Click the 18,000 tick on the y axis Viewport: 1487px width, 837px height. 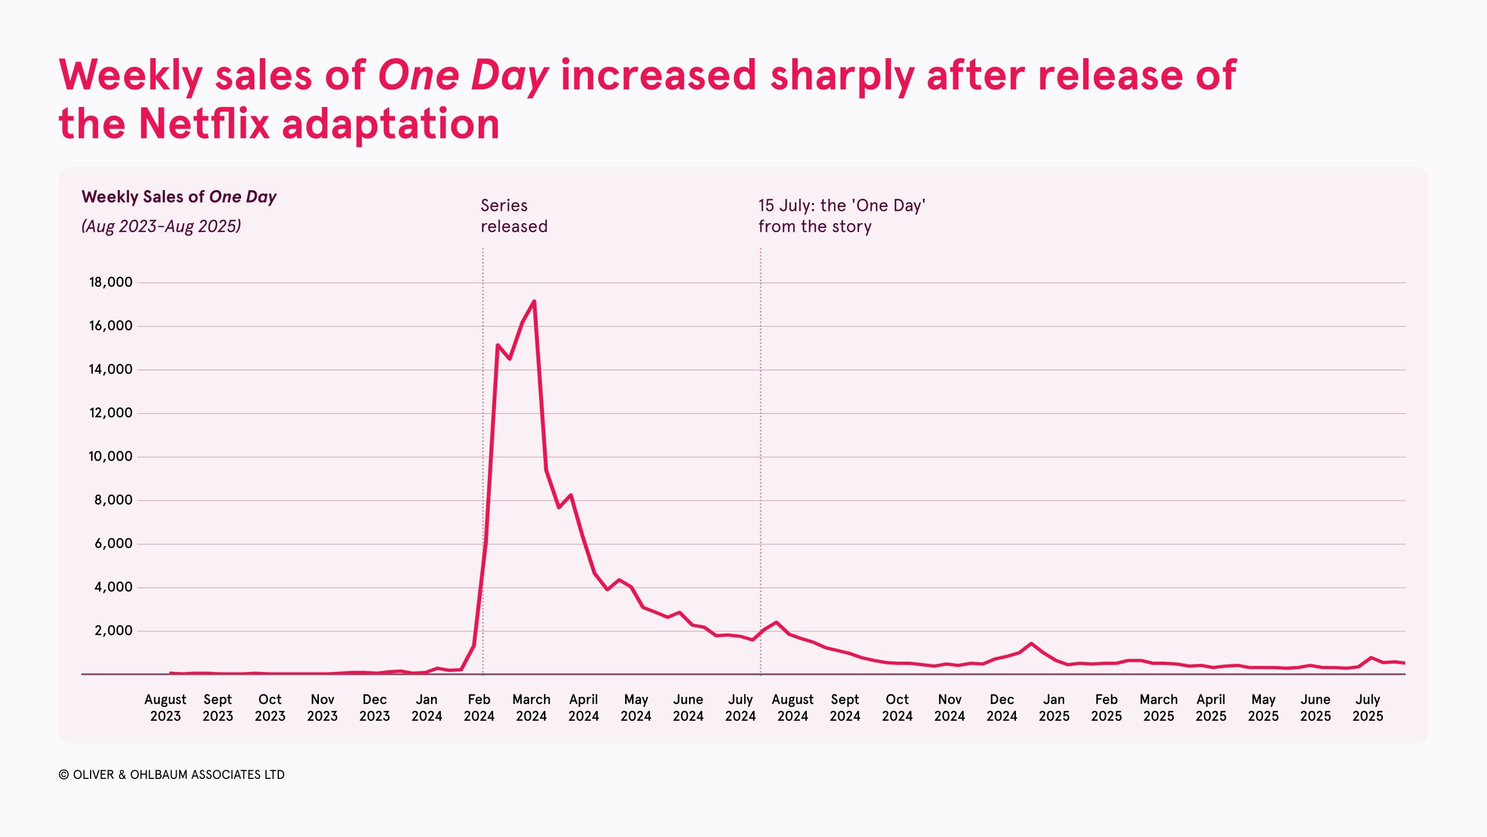point(110,282)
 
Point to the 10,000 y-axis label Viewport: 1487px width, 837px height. point(110,457)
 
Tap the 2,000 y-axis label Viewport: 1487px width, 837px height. point(113,631)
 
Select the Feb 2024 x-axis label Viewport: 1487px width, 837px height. point(479,707)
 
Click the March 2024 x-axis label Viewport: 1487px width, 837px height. point(531,707)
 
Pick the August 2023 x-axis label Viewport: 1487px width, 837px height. point(166,707)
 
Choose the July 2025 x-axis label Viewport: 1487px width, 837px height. point(1367,707)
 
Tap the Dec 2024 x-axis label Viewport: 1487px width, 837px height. point(1001,707)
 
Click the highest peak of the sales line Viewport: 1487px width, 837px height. point(534,301)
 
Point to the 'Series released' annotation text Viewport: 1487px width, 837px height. point(513,216)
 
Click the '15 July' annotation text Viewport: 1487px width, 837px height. point(841,216)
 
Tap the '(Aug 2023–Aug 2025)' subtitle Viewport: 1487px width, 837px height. point(161,226)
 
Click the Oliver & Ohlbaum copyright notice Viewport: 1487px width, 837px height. point(172,775)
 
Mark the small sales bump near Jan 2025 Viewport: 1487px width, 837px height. point(1031,643)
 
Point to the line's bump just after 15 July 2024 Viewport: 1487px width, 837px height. point(776,623)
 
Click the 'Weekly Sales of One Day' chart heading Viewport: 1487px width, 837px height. point(179,197)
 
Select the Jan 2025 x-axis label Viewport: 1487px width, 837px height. point(1054,707)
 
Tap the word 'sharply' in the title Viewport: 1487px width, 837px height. point(842,76)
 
